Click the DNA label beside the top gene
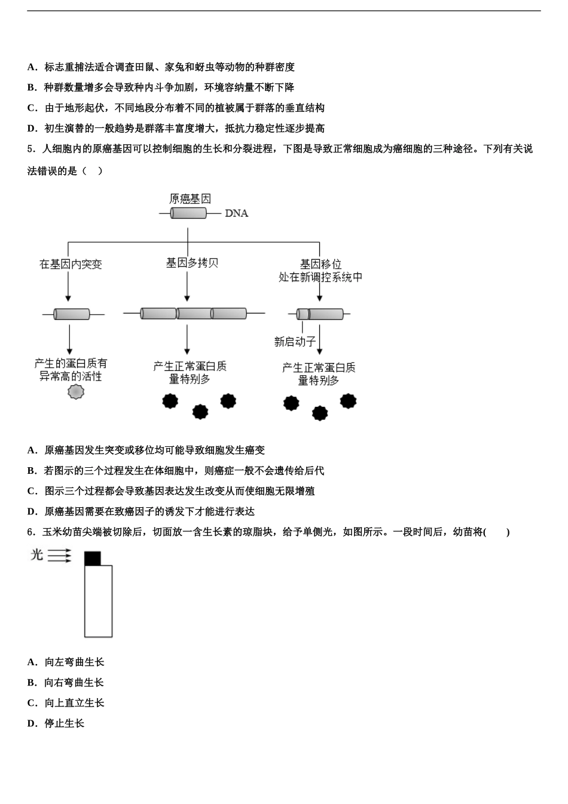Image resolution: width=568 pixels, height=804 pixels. [236, 214]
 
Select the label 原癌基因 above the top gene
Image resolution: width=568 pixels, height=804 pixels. [190, 199]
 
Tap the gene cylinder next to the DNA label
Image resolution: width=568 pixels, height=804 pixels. [189, 213]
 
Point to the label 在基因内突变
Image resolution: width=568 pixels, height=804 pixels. [71, 264]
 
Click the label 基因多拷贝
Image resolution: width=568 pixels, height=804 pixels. [192, 263]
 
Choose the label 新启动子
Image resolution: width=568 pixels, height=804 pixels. [295, 342]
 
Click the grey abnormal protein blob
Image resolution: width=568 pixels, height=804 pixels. [76, 392]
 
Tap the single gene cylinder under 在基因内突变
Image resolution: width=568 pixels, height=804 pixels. [72, 314]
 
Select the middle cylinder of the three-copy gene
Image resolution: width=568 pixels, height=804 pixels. [194, 313]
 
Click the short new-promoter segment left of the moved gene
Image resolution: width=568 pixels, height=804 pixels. [303, 314]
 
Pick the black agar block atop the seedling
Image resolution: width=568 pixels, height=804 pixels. [93, 558]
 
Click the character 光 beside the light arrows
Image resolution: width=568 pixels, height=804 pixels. [37, 555]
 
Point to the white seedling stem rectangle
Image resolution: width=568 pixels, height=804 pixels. [98, 601]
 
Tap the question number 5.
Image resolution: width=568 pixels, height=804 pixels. [31, 149]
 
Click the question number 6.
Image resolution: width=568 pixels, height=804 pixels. [31, 532]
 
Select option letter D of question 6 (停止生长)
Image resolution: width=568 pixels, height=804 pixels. [32, 723]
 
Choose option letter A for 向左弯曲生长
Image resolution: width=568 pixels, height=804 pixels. [32, 662]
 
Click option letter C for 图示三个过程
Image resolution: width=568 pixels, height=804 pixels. [32, 491]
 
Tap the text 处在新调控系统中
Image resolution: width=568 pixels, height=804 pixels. [320, 277]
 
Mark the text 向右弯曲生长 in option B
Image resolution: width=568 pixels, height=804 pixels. [74, 683]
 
